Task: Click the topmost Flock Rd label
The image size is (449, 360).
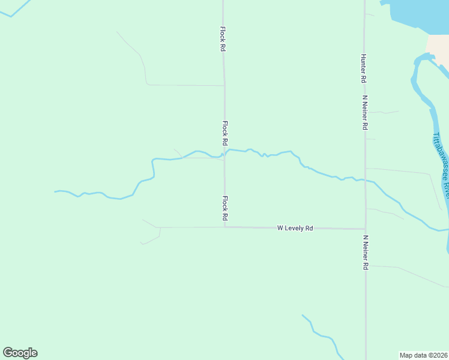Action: [x=222, y=39]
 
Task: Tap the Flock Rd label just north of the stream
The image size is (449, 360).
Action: [x=225, y=134]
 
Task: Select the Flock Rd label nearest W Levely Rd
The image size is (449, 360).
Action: [x=225, y=208]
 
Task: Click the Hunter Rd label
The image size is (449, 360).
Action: [x=363, y=68]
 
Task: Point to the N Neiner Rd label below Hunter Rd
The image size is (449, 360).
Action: [x=364, y=112]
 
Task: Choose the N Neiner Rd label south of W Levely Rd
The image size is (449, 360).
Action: [x=364, y=252]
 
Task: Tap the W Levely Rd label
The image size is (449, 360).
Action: [x=295, y=228]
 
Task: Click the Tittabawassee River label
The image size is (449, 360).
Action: [x=441, y=162]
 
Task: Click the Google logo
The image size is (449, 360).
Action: [x=20, y=353]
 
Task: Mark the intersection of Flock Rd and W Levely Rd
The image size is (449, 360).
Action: [x=225, y=227]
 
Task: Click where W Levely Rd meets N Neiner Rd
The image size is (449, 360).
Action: [x=365, y=229]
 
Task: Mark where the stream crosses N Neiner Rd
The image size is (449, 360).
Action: [x=365, y=179]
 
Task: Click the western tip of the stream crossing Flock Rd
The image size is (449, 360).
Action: [x=56, y=191]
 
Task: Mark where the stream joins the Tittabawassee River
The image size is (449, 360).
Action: [x=447, y=230]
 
